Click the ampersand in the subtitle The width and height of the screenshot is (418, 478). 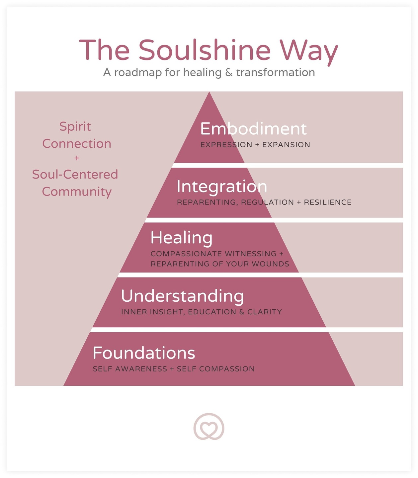[x=229, y=72]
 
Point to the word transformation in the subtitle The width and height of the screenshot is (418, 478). [x=276, y=72]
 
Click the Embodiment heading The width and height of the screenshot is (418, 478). [x=253, y=129]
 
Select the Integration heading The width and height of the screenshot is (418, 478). [x=222, y=187]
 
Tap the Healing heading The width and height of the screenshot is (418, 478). [x=181, y=238]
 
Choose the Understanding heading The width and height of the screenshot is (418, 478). [x=182, y=296]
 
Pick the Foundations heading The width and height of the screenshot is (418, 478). [x=144, y=353]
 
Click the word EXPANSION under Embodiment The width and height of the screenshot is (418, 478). [x=286, y=145]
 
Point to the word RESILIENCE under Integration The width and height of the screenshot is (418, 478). [x=328, y=202]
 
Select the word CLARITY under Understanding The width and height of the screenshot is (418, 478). [x=265, y=312]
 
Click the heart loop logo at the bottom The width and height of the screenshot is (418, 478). [x=209, y=427]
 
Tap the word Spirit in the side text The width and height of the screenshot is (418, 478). [x=75, y=126]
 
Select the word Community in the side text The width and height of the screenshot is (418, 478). [x=77, y=192]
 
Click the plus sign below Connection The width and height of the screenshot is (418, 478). [x=77, y=158]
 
